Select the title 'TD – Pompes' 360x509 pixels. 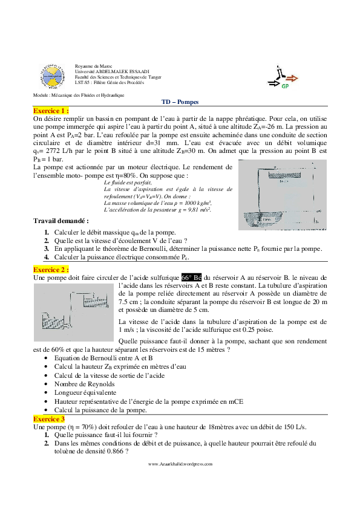coord(180,103)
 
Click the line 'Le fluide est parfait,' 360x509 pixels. coord(128,182)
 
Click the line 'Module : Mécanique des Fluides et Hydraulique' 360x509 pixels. coord(78,96)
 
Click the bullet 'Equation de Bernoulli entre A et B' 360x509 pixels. coord(103,358)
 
